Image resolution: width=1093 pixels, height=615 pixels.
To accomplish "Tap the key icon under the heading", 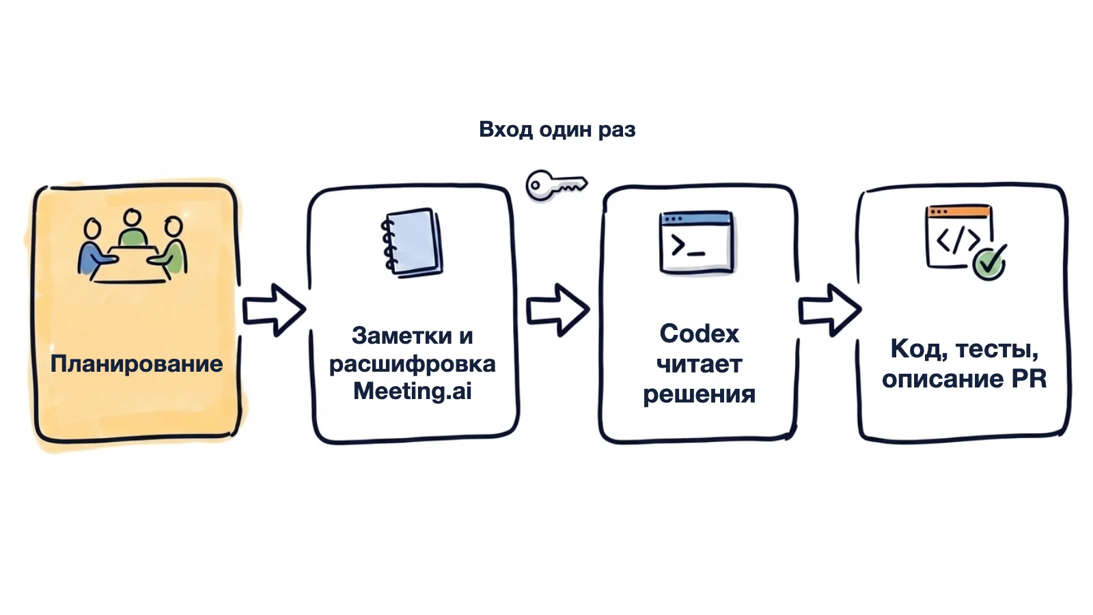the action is (556, 185).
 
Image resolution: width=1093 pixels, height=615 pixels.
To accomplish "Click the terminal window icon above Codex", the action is (696, 242).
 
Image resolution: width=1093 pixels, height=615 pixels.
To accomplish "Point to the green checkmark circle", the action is (988, 264).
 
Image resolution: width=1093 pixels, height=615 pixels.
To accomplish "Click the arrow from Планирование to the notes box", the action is (274, 310).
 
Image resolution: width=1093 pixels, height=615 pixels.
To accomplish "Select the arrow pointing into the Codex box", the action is (557, 310).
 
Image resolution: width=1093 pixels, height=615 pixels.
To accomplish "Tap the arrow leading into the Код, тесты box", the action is (829, 310).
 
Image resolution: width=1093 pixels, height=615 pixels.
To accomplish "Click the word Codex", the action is (700, 334).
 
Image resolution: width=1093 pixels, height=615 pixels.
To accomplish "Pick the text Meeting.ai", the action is (413, 391).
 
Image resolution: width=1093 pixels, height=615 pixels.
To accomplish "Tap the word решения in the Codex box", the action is (700, 394).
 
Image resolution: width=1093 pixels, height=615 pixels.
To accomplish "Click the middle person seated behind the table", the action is (133, 228).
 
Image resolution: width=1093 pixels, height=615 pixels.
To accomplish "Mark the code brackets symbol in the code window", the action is (957, 240).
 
